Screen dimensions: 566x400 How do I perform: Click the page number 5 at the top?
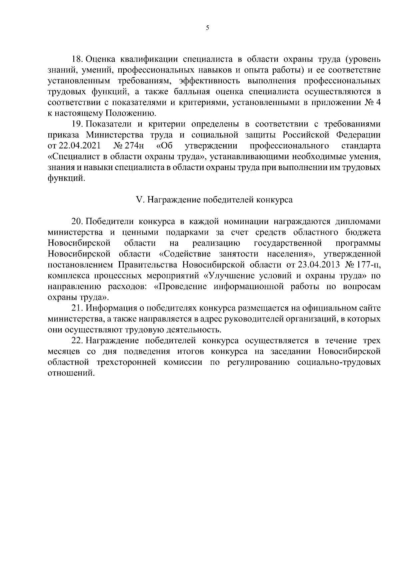pyautogui.click(x=207, y=28)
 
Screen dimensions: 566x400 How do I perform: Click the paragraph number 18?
pyautogui.click(x=77, y=59)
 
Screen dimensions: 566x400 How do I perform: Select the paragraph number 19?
pyautogui.click(x=77, y=124)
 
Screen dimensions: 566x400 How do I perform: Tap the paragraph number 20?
pyautogui.click(x=77, y=221)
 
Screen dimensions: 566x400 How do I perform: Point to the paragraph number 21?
pyautogui.click(x=77, y=308)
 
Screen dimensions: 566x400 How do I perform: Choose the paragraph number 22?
pyautogui.click(x=77, y=341)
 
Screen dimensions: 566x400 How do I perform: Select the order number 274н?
pyautogui.click(x=133, y=146)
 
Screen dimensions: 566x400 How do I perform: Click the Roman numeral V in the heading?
pyautogui.click(x=139, y=200)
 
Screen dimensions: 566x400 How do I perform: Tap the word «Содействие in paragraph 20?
pyautogui.click(x=185, y=254)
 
